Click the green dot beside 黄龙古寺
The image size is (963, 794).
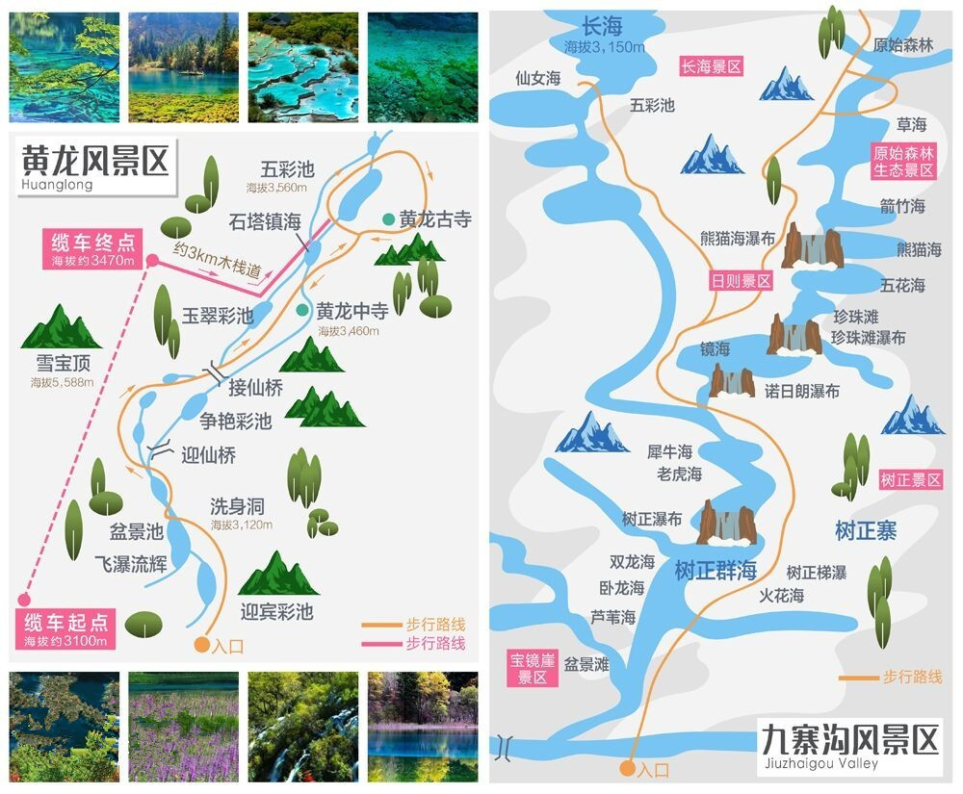pos(387,219)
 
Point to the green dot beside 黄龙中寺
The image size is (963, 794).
pos(303,311)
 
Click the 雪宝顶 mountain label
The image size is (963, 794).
pos(62,364)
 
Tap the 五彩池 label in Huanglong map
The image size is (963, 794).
pos(287,170)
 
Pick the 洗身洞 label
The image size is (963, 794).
pos(237,507)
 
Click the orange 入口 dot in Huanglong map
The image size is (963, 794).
pos(201,645)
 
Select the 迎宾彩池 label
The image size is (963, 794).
pos(276,611)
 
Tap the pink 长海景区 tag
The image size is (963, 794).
pos(711,66)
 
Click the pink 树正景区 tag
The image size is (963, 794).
pos(910,479)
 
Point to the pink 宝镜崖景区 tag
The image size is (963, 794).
pos(533,667)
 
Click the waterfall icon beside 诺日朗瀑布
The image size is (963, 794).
pos(732,380)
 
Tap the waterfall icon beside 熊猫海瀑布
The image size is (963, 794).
pos(813,245)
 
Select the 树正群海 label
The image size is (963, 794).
pos(716,570)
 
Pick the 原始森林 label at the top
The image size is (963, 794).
pos(903,44)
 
